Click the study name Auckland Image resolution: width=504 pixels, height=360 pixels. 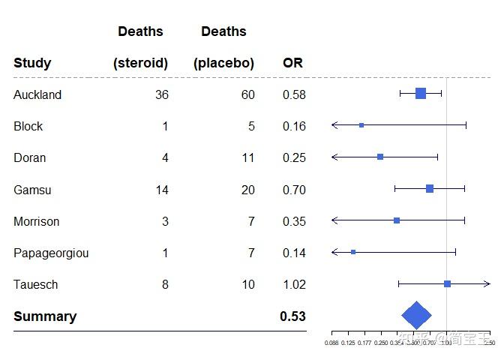coord(37,95)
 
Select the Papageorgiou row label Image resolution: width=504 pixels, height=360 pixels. coord(51,253)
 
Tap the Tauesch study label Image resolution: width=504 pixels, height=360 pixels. coord(35,285)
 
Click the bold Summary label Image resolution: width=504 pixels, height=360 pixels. coord(45,316)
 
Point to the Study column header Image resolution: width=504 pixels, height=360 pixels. coord(32,64)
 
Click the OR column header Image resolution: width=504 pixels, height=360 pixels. coord(292,64)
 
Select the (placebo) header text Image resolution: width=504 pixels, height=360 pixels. coord(223,64)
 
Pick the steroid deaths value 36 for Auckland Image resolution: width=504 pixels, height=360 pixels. coord(160,95)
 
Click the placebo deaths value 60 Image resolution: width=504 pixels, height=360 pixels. coord(247,95)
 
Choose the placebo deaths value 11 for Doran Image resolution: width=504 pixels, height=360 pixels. coord(247,158)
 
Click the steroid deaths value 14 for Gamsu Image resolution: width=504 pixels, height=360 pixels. coord(161,190)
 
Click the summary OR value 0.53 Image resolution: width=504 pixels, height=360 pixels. coord(292,316)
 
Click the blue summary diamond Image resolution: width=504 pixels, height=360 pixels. coord(417,316)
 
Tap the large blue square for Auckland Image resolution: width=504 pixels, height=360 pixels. coord(421,93)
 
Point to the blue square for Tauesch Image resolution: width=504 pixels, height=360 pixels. coord(447,283)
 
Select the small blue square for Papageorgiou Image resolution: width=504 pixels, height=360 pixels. coord(353,252)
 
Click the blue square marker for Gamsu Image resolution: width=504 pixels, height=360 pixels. coord(430,188)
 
